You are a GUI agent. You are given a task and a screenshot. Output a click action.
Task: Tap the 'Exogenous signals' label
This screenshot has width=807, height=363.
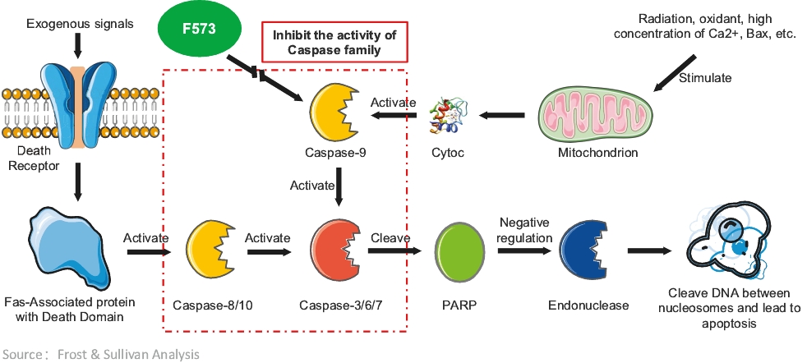click(80, 23)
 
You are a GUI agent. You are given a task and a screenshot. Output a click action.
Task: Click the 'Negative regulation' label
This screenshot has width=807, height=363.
click(524, 230)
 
